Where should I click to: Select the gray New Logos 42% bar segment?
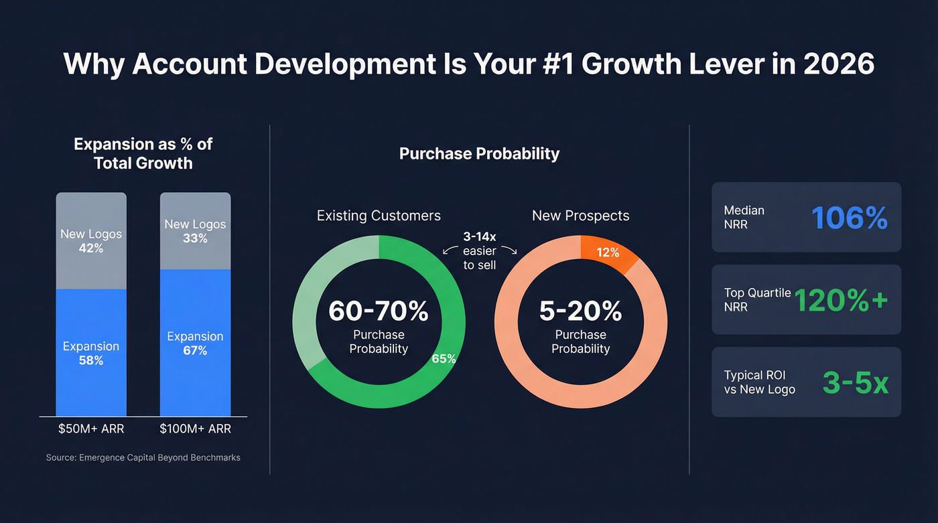tap(91, 241)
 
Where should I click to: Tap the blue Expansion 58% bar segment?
tap(91, 353)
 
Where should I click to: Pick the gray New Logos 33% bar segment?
tap(195, 231)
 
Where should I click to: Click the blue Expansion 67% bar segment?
tap(195, 343)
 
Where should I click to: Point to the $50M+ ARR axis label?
tap(90, 429)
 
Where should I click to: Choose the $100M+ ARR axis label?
tap(195, 429)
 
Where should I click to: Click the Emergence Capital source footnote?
tap(143, 457)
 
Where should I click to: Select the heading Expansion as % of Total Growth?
tap(143, 153)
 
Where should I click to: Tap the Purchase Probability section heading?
tap(479, 153)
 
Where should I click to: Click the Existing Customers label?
tap(379, 216)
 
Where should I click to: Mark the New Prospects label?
tap(580, 216)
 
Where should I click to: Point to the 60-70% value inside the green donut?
tap(379, 311)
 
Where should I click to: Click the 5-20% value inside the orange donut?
tap(580, 311)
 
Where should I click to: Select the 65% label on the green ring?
tap(444, 358)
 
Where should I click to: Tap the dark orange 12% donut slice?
tap(608, 253)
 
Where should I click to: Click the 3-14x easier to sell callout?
tap(479, 251)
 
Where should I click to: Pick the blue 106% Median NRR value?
tap(849, 218)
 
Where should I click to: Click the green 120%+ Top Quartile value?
tap(841, 300)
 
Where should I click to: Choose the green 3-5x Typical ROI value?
tap(855, 382)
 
